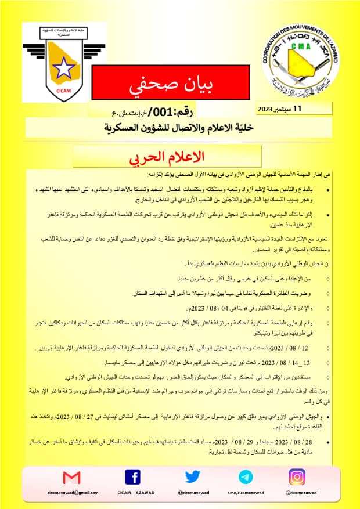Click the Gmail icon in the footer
click(x=71, y=477)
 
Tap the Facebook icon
click(x=132, y=477)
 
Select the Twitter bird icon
click(x=193, y=477)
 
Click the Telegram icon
click(x=246, y=477)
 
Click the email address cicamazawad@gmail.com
click(x=73, y=493)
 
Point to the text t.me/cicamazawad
click(x=246, y=493)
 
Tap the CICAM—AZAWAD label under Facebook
click(x=132, y=493)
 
